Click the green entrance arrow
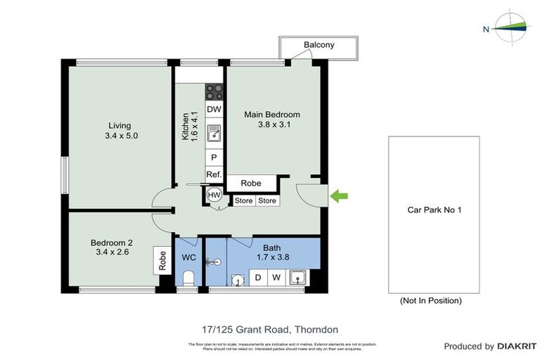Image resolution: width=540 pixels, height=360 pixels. click(339, 196)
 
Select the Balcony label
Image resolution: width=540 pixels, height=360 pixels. click(319, 45)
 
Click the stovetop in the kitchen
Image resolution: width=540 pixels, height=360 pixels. click(214, 91)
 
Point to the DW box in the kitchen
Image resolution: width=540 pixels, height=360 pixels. click(214, 109)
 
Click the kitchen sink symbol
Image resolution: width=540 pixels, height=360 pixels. click(214, 134)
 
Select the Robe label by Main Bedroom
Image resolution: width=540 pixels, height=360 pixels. click(251, 184)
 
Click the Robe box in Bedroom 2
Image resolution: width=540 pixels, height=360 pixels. click(162, 262)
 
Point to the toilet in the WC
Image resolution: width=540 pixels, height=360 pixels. click(188, 278)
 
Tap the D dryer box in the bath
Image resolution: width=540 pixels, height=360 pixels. click(258, 278)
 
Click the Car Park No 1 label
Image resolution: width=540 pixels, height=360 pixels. click(434, 210)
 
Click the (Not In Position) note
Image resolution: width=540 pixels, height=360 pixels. click(430, 300)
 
